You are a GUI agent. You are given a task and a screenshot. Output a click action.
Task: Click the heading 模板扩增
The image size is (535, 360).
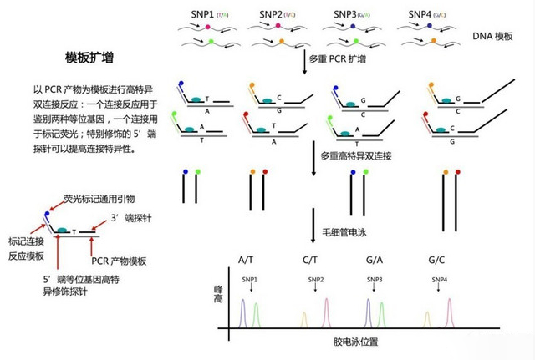pyautogui.click(x=90, y=58)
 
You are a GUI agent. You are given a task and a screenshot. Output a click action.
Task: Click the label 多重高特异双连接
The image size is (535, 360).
pyautogui.click(x=354, y=155)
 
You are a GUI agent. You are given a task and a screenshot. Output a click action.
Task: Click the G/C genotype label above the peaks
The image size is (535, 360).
pyautogui.click(x=436, y=261)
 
